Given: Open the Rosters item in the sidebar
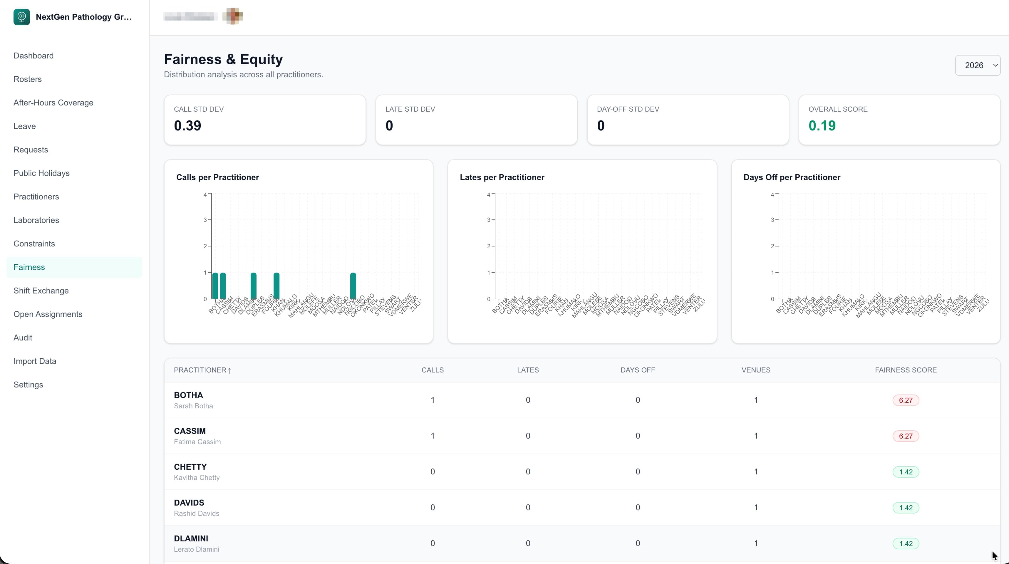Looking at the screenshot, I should point(27,79).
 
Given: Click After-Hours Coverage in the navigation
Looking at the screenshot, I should point(53,103).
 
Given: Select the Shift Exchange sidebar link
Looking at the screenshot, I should point(41,291).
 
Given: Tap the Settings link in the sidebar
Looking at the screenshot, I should point(28,385).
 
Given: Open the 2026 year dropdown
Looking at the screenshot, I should point(977,66).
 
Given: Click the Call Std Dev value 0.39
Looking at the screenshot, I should point(188,126).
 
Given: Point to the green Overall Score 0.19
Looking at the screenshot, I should point(822,126).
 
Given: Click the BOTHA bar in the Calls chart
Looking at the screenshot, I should point(215,286).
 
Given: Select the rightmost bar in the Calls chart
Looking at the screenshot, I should point(353,286).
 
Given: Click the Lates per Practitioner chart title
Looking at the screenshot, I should point(502,177).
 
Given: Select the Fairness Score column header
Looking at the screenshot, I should point(906,370).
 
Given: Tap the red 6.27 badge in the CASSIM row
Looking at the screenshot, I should point(905,436).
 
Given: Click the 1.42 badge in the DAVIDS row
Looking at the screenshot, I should point(905,508).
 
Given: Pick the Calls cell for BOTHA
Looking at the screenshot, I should point(433,400).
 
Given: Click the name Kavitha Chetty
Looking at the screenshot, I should point(197,477).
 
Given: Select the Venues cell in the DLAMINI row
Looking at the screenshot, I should point(756,543).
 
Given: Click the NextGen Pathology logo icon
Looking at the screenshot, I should point(21,17).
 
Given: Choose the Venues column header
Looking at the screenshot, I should point(756,370).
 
